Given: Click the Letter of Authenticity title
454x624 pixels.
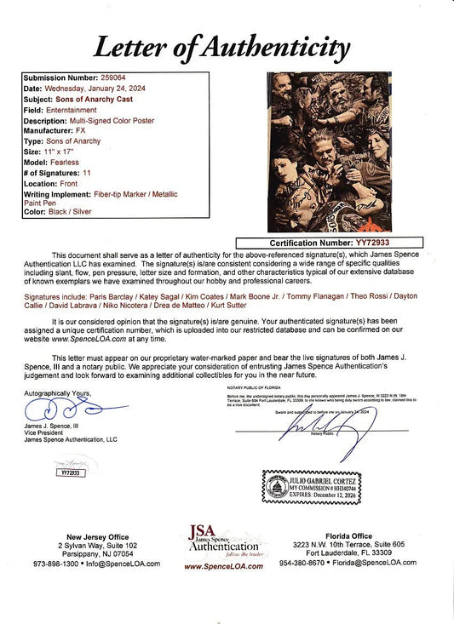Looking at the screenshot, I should (x=227, y=44).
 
